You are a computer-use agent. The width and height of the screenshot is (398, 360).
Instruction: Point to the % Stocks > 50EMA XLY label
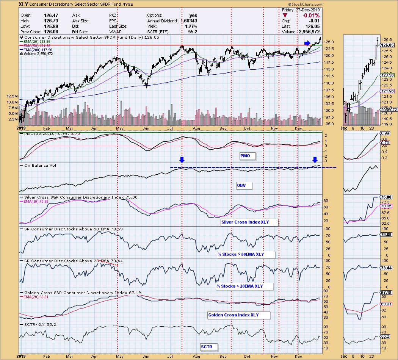(x=245, y=254)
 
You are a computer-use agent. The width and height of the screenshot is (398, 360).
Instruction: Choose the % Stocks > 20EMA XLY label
(x=244, y=286)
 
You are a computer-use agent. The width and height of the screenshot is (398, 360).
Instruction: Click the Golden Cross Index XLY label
(x=239, y=315)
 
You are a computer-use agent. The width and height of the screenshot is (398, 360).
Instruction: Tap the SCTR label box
(x=207, y=346)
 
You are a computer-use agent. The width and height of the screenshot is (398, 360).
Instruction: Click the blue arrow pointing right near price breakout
(x=307, y=43)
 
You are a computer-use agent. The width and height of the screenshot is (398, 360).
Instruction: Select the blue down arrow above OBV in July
(x=182, y=160)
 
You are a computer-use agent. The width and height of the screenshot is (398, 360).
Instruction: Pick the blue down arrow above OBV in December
(x=315, y=160)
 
